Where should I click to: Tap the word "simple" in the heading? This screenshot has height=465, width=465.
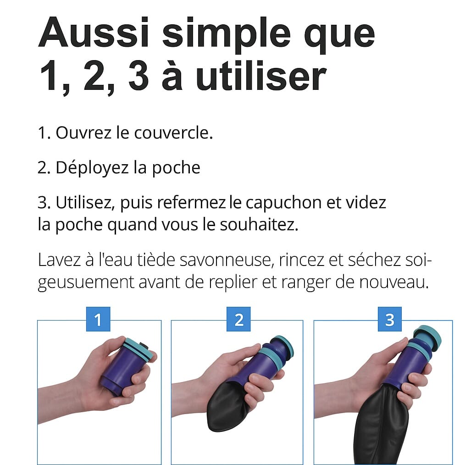pos(227,35)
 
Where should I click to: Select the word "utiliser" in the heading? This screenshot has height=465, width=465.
pos(261,75)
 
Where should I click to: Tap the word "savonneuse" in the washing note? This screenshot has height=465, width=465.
pos(225,260)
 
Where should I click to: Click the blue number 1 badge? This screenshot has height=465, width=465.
pos(98,319)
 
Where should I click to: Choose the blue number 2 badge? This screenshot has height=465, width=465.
pos(238,319)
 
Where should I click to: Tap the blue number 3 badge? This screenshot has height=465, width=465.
pos(390,319)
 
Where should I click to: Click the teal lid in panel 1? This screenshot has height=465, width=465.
pos(139,350)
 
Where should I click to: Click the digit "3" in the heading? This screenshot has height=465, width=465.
pos(138,75)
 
